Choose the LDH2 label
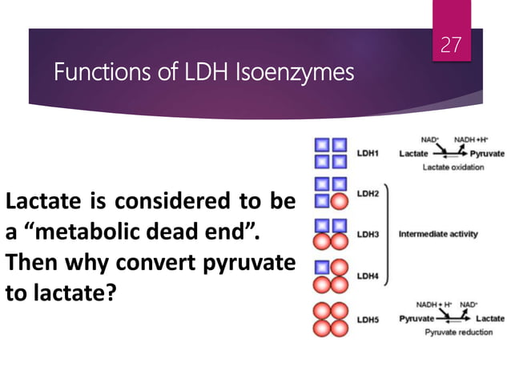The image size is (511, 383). pyautogui.click(x=368, y=193)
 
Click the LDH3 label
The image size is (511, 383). pyautogui.click(x=368, y=234)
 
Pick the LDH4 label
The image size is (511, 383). pyautogui.click(x=368, y=276)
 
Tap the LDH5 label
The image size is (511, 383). pyautogui.click(x=368, y=319)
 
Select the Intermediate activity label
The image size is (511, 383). pyautogui.click(x=438, y=234)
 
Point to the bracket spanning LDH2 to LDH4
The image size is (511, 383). pyautogui.click(x=388, y=234)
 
